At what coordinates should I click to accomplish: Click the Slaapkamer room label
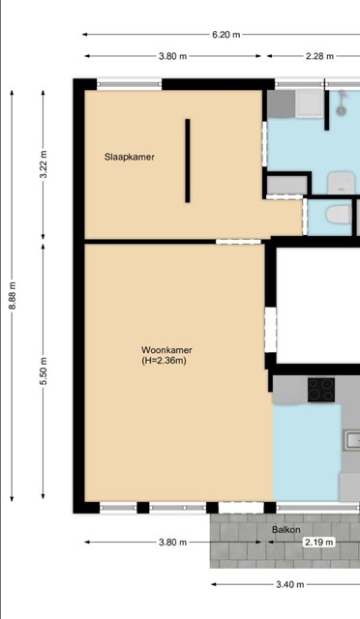pyautogui.click(x=130, y=157)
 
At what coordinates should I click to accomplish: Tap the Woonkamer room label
pyautogui.click(x=166, y=350)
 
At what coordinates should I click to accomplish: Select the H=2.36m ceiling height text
pyautogui.click(x=164, y=360)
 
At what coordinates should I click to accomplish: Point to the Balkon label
pyautogui.click(x=286, y=530)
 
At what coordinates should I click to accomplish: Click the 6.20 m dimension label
pyautogui.click(x=226, y=35)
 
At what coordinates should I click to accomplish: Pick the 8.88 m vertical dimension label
pyautogui.click(x=12, y=295)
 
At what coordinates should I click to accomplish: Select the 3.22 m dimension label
pyautogui.click(x=44, y=164)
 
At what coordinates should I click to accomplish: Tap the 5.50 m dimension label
pyautogui.click(x=44, y=371)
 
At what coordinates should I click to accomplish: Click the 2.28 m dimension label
pyautogui.click(x=319, y=56)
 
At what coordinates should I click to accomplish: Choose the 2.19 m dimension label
pyautogui.click(x=319, y=542)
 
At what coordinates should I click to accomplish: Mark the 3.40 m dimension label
pyautogui.click(x=290, y=584)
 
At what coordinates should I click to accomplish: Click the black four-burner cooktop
pyautogui.click(x=321, y=390)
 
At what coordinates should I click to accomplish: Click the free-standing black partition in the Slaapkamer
pyautogui.click(x=188, y=161)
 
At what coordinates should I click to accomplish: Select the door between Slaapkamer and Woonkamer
pyautogui.click(x=238, y=241)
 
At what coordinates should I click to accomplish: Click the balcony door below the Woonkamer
pyautogui.click(x=241, y=508)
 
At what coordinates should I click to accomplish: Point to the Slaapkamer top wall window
pyautogui.click(x=130, y=84)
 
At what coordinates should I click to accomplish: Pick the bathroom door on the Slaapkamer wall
pyautogui.click(x=265, y=144)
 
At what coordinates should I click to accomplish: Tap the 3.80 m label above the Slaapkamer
pyautogui.click(x=172, y=56)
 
